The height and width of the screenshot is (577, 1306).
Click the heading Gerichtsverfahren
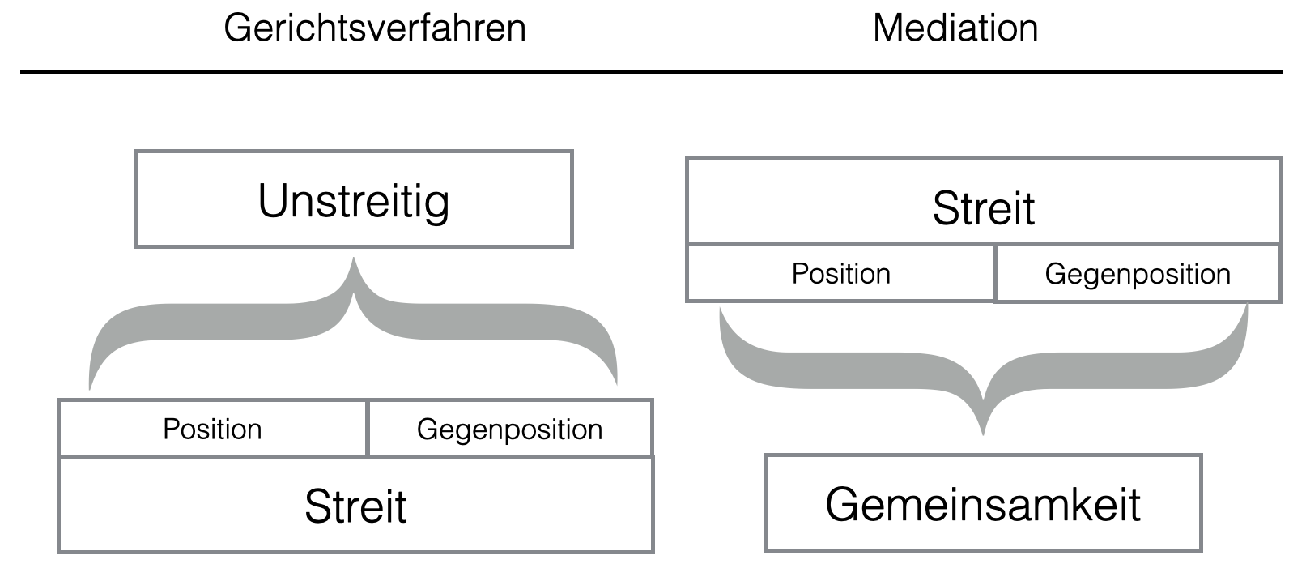pyautogui.click(x=375, y=28)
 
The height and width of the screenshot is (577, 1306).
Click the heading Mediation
pyautogui.click(x=955, y=28)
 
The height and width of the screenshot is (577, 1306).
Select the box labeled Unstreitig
pyautogui.click(x=354, y=199)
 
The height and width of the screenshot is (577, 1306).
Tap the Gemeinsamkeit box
pyautogui.click(x=983, y=503)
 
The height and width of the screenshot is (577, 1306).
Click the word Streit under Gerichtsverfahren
pyautogui.click(x=355, y=506)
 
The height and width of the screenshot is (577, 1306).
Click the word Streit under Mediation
pyautogui.click(x=983, y=208)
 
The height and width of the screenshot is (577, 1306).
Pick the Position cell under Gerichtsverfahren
pyautogui.click(x=212, y=429)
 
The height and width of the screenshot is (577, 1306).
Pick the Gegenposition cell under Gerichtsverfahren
pyautogui.click(x=509, y=429)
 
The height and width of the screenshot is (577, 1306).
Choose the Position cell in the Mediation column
pyautogui.click(x=840, y=274)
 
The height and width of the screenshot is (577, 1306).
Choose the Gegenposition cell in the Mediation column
pyautogui.click(x=1138, y=274)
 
